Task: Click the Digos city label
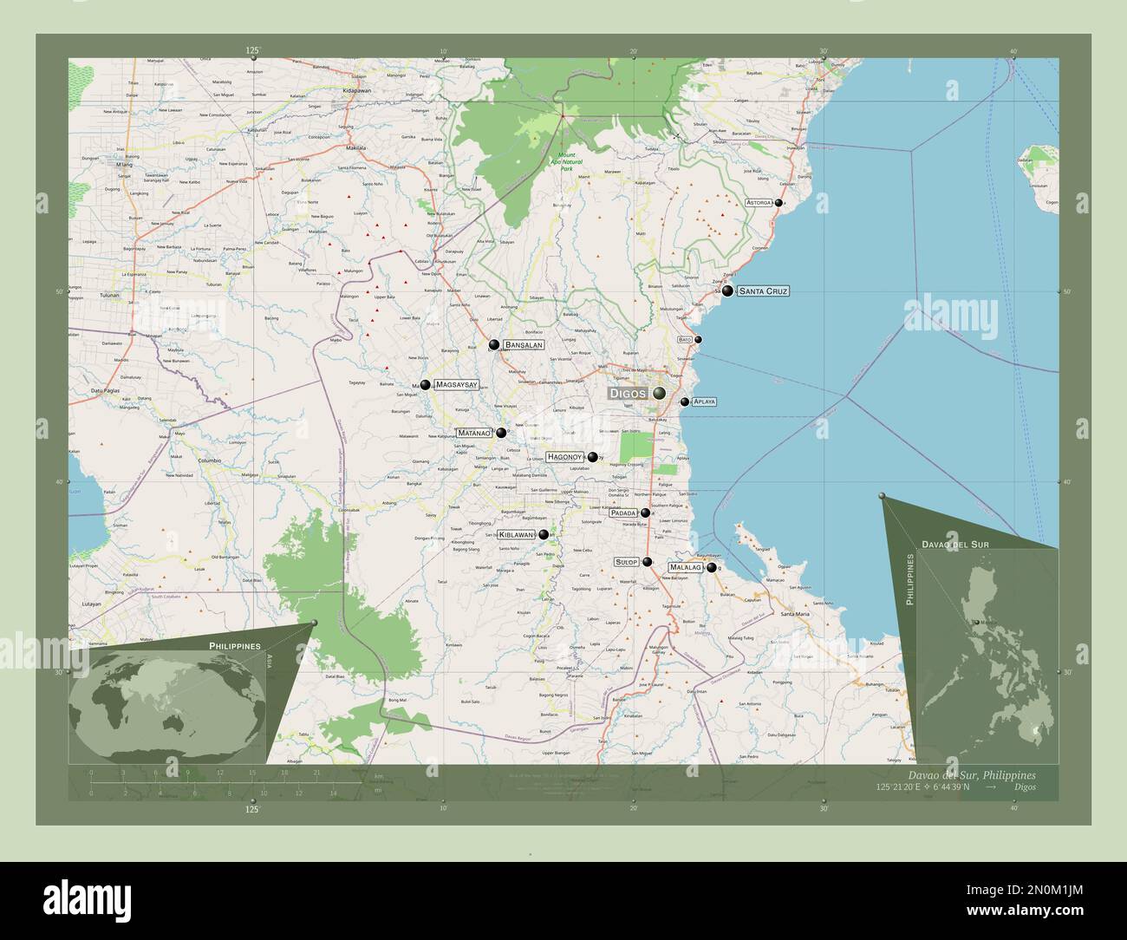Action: (x=627, y=394)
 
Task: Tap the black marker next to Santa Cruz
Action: (x=727, y=291)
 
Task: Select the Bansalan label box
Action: (x=524, y=345)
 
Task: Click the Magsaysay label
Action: (x=456, y=384)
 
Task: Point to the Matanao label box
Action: (x=474, y=433)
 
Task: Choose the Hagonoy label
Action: (x=564, y=457)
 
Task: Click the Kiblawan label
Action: (x=516, y=535)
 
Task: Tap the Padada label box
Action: (x=623, y=512)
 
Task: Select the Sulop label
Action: (x=626, y=562)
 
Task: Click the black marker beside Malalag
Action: (x=712, y=568)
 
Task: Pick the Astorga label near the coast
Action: (x=759, y=203)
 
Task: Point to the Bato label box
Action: (x=685, y=339)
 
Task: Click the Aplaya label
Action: (x=704, y=402)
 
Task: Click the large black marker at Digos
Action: (x=660, y=394)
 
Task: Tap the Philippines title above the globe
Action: (x=234, y=647)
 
